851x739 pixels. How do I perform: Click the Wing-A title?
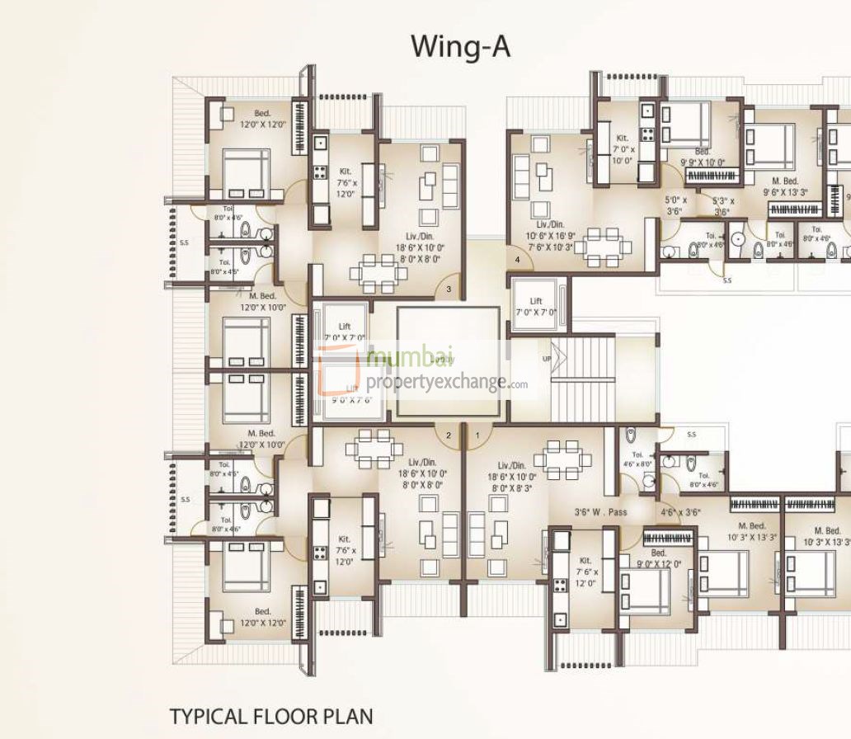click(x=461, y=47)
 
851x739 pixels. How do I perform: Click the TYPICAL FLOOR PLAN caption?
click(x=271, y=715)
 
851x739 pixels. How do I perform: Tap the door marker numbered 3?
click(x=448, y=289)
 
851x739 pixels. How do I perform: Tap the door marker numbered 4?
click(x=517, y=260)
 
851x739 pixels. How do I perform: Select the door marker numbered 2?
click(x=448, y=435)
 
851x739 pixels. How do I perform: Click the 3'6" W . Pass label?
click(x=600, y=512)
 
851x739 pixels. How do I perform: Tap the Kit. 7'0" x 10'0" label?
click(x=623, y=148)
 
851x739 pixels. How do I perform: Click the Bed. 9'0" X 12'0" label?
click(x=659, y=558)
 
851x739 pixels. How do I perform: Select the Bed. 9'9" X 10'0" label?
click(x=703, y=158)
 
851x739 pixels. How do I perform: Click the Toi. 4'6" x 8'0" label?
click(x=637, y=459)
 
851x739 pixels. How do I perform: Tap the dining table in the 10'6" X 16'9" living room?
click(x=599, y=246)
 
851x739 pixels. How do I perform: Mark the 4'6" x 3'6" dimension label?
click(x=679, y=512)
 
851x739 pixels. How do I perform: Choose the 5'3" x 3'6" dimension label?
click(x=722, y=205)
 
